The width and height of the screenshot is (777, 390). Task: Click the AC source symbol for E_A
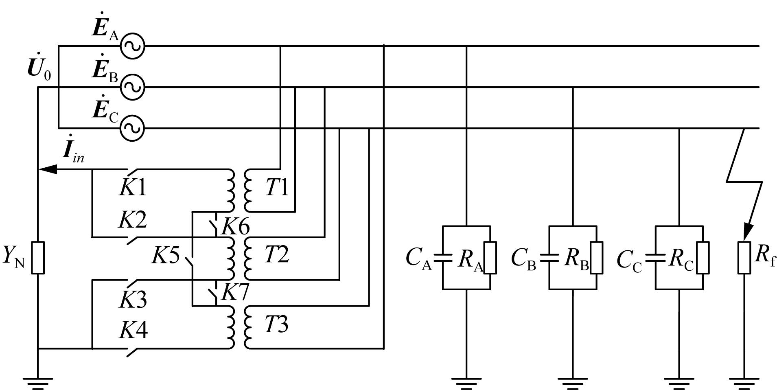pyautogui.click(x=132, y=46)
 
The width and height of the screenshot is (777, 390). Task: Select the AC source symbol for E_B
pyautogui.click(x=132, y=87)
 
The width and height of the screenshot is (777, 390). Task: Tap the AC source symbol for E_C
pyautogui.click(x=132, y=128)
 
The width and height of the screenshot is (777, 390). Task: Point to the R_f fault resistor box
pyautogui.click(x=744, y=258)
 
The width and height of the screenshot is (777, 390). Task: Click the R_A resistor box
pyautogui.click(x=490, y=257)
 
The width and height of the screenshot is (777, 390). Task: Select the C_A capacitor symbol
pyautogui.click(x=443, y=257)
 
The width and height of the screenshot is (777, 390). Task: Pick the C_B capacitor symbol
pyautogui.click(x=549, y=257)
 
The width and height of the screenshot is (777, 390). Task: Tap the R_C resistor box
pyautogui.click(x=703, y=257)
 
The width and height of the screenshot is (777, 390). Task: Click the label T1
pyautogui.click(x=277, y=188)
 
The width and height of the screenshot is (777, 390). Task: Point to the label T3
pyautogui.click(x=277, y=325)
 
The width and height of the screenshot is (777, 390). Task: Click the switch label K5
pyautogui.click(x=166, y=256)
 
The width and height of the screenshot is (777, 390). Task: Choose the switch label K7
pyautogui.click(x=235, y=291)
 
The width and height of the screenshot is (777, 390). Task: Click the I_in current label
pyautogui.click(x=74, y=148)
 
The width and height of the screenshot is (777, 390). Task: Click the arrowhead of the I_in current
pyautogui.click(x=47, y=169)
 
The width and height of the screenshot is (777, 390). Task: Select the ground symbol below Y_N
pyautogui.click(x=38, y=383)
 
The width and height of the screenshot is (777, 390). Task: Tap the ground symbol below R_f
pyautogui.click(x=744, y=383)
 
